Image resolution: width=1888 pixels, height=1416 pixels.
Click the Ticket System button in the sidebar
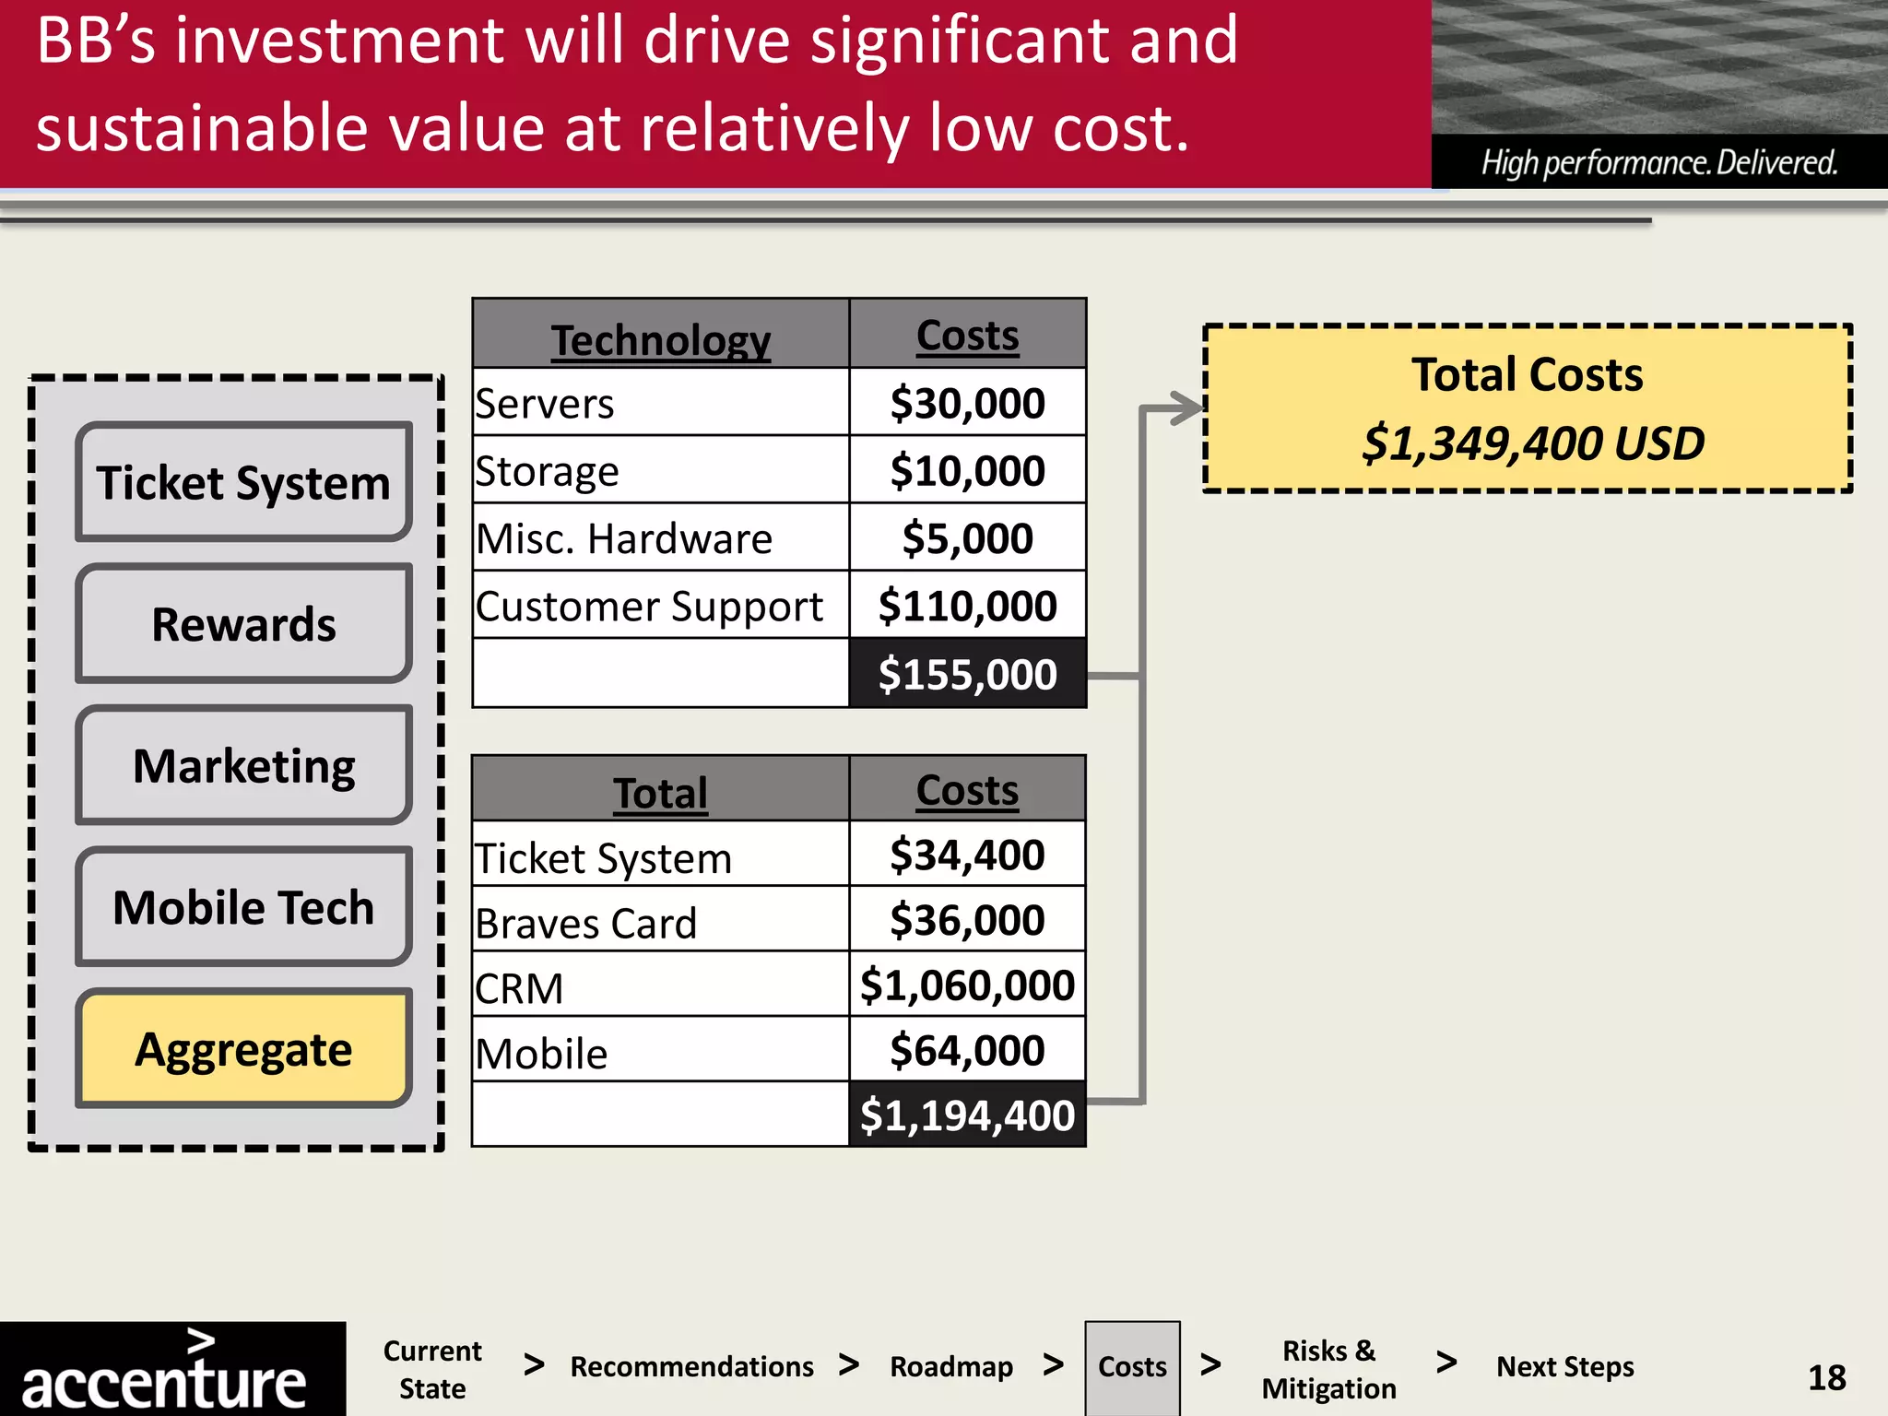(243, 482)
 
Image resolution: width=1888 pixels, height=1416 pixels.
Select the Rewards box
(243, 624)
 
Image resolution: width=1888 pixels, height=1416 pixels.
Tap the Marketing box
(243, 765)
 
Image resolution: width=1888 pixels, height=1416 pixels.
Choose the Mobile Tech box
(243, 907)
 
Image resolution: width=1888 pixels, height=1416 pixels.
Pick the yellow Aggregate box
(243, 1049)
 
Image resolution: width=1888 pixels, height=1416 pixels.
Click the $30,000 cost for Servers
(967, 403)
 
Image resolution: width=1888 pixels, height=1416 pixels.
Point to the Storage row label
(548, 471)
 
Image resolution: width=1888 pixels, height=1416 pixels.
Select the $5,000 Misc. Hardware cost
(967, 538)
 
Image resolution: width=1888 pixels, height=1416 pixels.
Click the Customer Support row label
(649, 607)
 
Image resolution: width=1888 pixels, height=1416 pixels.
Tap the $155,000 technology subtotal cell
(967, 674)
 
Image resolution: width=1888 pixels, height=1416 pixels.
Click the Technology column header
(661, 339)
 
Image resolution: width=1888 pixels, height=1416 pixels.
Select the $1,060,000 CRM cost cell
(967, 985)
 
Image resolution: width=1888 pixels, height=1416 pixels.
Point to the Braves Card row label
(586, 923)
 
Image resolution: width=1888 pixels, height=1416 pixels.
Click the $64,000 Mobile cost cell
(967, 1050)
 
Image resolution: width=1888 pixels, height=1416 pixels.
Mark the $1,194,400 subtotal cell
(967, 1115)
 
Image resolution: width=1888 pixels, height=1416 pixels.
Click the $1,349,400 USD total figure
(1533, 443)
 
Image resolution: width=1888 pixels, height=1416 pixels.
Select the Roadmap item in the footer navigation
(951, 1366)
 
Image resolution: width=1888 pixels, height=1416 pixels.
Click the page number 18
(1826, 1377)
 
